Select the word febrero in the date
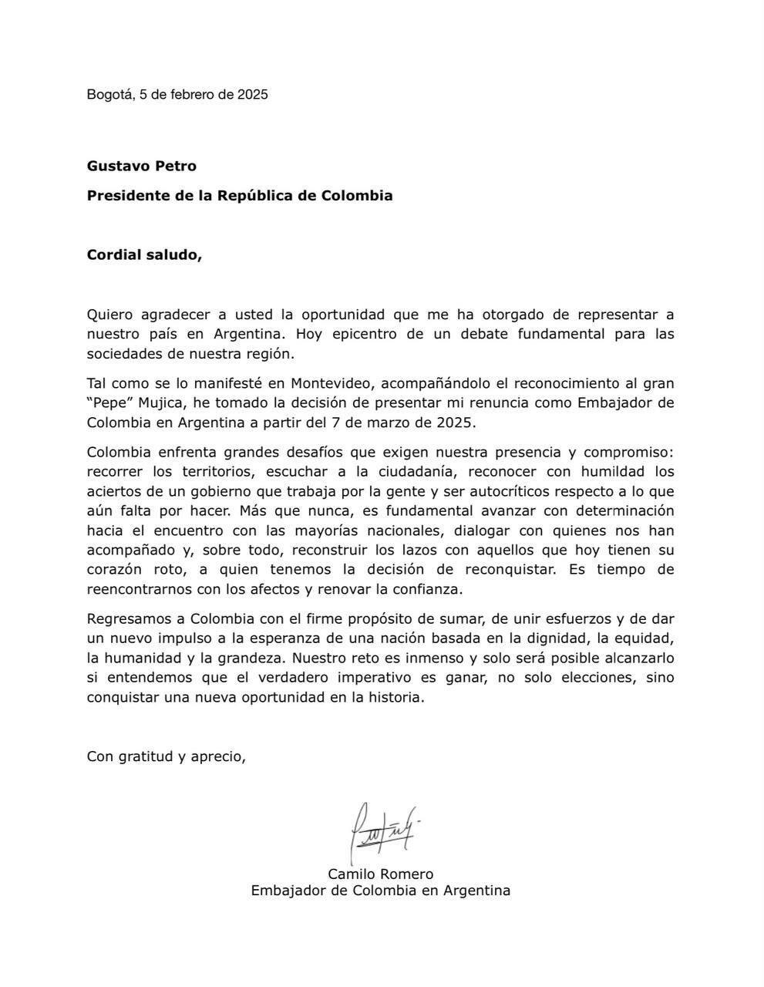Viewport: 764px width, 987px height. point(192,95)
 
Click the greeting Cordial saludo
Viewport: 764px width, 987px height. point(144,254)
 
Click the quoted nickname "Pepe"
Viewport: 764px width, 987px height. point(109,403)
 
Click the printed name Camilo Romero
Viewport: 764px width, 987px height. point(381,874)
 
